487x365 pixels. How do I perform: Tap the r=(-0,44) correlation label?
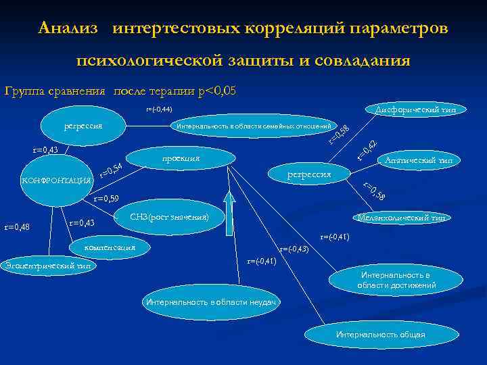[x=160, y=109]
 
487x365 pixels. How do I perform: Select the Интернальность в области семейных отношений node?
[x=253, y=126]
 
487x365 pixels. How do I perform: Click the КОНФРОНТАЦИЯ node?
[x=57, y=180]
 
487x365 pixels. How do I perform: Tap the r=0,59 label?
[x=106, y=199]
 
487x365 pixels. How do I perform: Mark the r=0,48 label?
[x=17, y=226]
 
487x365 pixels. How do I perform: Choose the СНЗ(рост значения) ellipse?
[x=170, y=217]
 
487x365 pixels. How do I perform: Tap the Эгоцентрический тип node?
[x=47, y=266]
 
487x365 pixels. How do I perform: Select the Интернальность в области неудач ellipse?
[x=211, y=302]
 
